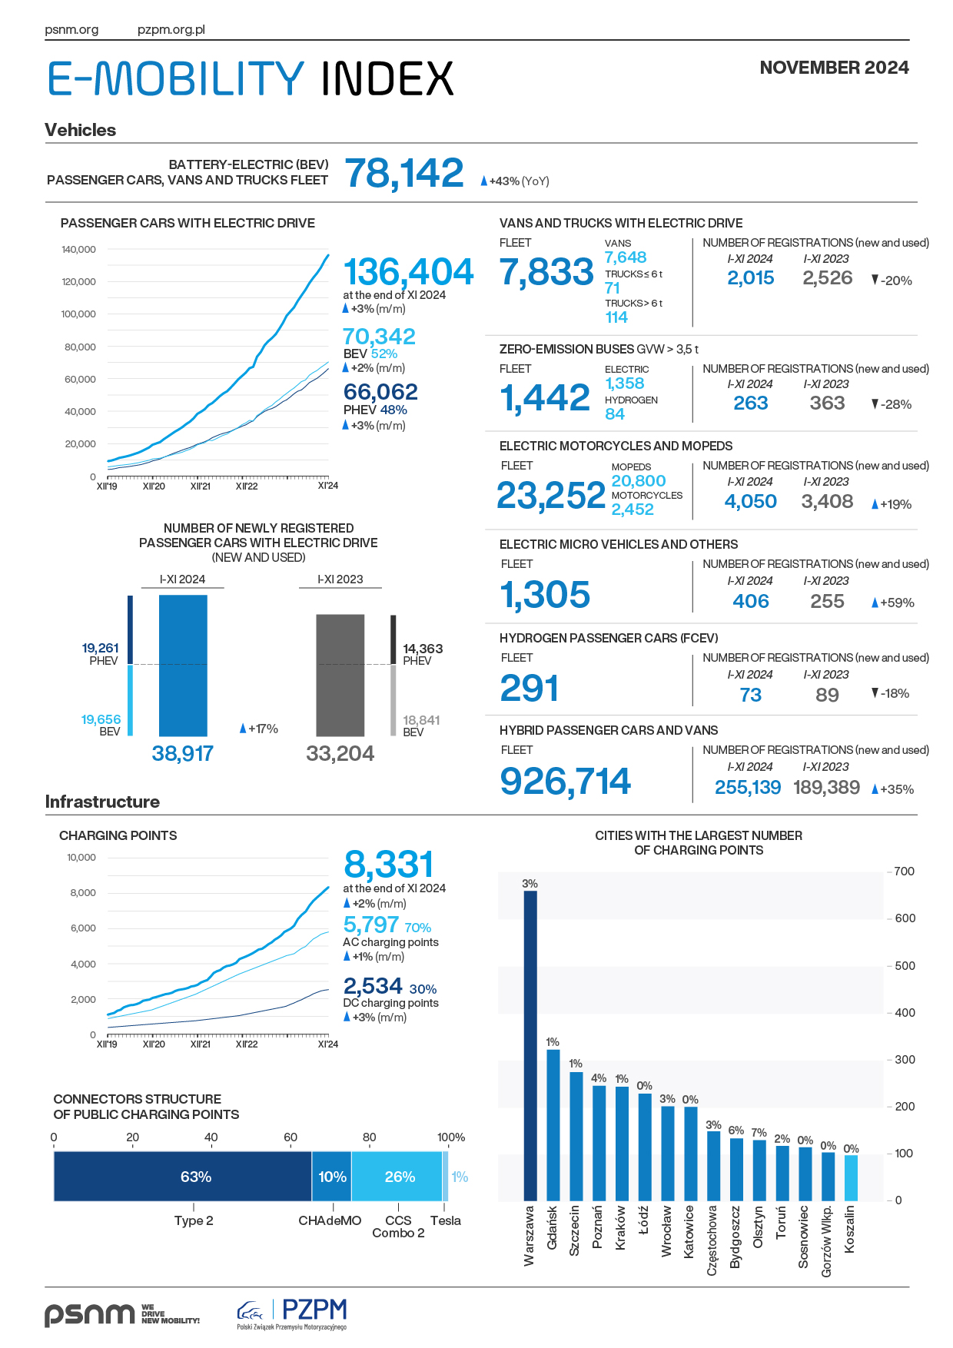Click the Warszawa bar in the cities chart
click(x=530, y=1045)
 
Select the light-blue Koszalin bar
click(x=851, y=1177)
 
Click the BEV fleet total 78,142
click(x=404, y=173)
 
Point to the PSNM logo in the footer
click(x=89, y=1314)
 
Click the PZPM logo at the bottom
click(x=292, y=1313)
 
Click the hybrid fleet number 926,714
click(x=565, y=781)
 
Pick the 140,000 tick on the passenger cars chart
click(x=78, y=250)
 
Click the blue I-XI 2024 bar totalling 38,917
click(x=183, y=666)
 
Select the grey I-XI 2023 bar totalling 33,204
click(x=340, y=675)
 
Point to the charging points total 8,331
click(x=389, y=865)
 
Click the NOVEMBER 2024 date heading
click(x=834, y=68)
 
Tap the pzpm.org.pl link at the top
click(x=171, y=30)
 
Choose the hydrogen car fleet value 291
click(x=529, y=688)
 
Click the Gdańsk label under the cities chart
click(x=552, y=1227)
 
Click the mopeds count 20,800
click(x=639, y=481)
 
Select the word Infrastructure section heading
click(x=102, y=802)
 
